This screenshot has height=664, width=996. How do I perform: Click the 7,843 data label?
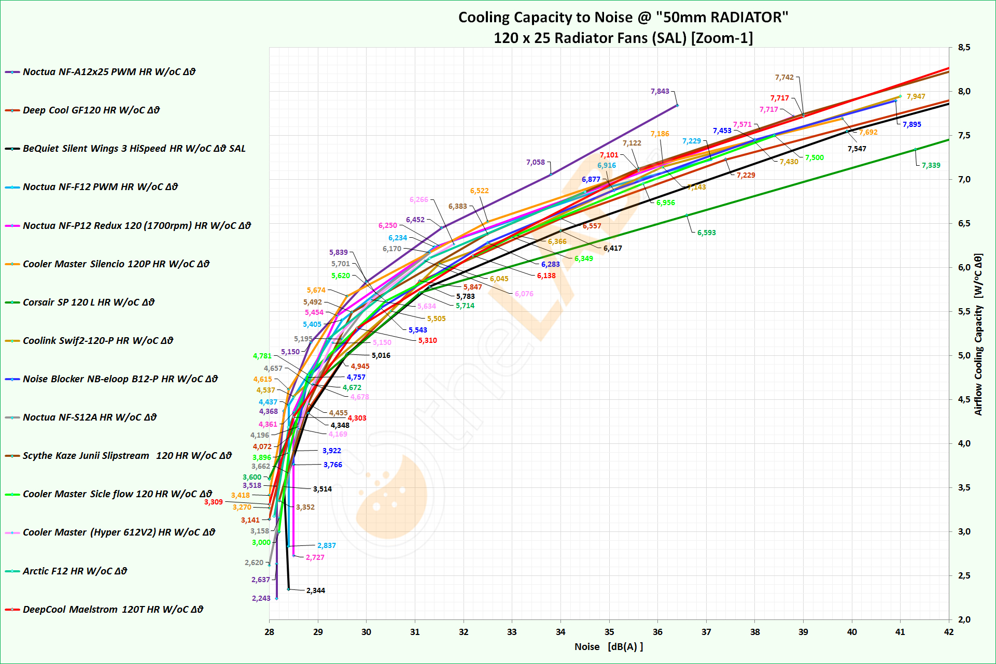660,91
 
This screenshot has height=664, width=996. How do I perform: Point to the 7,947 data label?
916,96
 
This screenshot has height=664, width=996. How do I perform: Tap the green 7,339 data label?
931,165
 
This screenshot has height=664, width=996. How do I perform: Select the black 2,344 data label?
315,590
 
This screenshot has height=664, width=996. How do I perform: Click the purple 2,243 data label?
261,598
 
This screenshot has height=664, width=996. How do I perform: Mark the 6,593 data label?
706,233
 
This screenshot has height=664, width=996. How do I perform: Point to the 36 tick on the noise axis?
657,632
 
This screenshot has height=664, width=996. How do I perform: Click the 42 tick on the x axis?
948,632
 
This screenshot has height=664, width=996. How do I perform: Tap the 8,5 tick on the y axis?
964,48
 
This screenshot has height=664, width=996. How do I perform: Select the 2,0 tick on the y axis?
964,619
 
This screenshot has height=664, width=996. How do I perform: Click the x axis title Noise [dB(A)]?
608,647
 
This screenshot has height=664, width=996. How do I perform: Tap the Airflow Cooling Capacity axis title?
978,335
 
